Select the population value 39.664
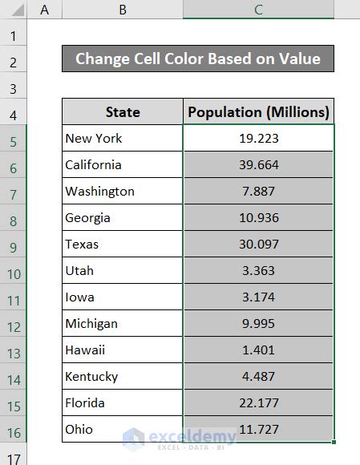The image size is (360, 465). click(x=258, y=164)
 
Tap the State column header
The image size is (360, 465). click(x=122, y=111)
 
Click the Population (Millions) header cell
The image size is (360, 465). click(x=258, y=111)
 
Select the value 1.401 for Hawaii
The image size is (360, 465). click(x=258, y=350)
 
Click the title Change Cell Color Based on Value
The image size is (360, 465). click(x=197, y=59)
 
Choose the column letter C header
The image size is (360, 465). click(x=258, y=9)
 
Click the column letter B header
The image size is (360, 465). click(x=122, y=9)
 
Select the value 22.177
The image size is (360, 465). click(x=258, y=402)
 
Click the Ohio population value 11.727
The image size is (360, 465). click(x=258, y=429)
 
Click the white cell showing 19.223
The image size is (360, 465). click(x=258, y=138)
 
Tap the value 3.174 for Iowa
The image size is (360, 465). click(x=258, y=297)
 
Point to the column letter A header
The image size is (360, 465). click(x=44, y=9)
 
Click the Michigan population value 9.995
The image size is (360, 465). click(x=258, y=323)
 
